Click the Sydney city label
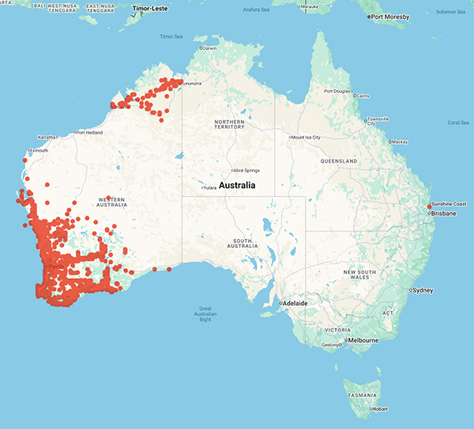[423, 290]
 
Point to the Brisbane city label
[442, 213]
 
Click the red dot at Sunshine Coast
[429, 207]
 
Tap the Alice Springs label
[246, 170]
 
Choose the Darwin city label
[209, 48]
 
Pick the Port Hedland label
[89, 133]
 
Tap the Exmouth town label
[38, 150]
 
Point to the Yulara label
[209, 187]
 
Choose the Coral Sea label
[458, 122]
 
